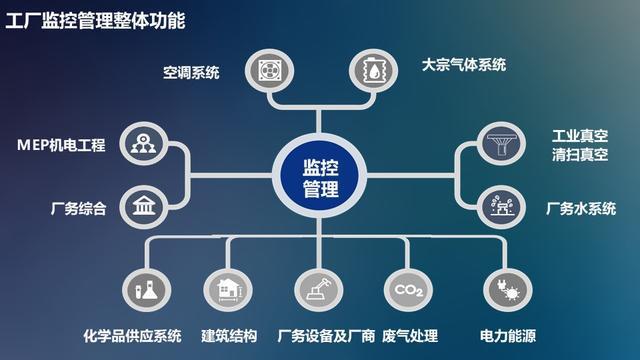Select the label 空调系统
(x=191, y=72)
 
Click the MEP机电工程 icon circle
(x=142, y=144)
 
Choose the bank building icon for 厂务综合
(x=142, y=208)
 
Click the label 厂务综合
(x=78, y=209)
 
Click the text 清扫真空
(x=577, y=154)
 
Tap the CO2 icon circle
(x=406, y=289)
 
